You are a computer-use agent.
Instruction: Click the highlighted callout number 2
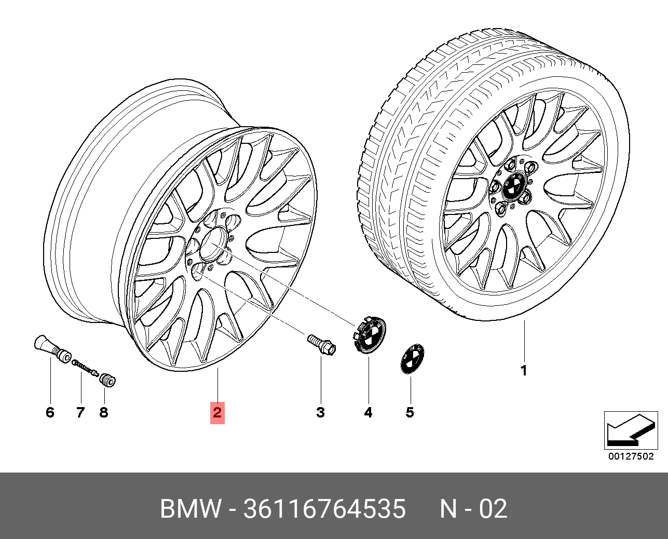pyautogui.click(x=217, y=412)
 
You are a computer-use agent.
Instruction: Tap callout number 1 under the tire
pyautogui.click(x=524, y=371)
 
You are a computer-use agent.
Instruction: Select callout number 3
pyautogui.click(x=321, y=413)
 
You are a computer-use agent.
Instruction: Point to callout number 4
pyautogui.click(x=368, y=413)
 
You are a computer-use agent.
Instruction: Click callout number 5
pyautogui.click(x=410, y=413)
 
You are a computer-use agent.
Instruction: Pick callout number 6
pyautogui.click(x=50, y=413)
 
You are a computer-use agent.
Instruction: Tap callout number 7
pyautogui.click(x=80, y=413)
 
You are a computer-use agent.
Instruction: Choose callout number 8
pyautogui.click(x=104, y=413)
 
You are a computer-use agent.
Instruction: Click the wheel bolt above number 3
pyautogui.click(x=321, y=345)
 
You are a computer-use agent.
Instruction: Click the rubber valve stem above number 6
pyautogui.click(x=52, y=348)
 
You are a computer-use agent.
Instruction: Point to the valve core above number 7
pyautogui.click(x=85, y=367)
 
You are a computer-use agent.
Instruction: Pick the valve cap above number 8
pyautogui.click(x=107, y=380)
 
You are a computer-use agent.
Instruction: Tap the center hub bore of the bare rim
pyautogui.click(x=214, y=244)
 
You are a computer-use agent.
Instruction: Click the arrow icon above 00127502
pyautogui.click(x=631, y=430)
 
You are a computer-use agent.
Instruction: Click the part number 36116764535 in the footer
pyautogui.click(x=324, y=509)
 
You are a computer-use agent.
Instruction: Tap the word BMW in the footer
pyautogui.click(x=190, y=509)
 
